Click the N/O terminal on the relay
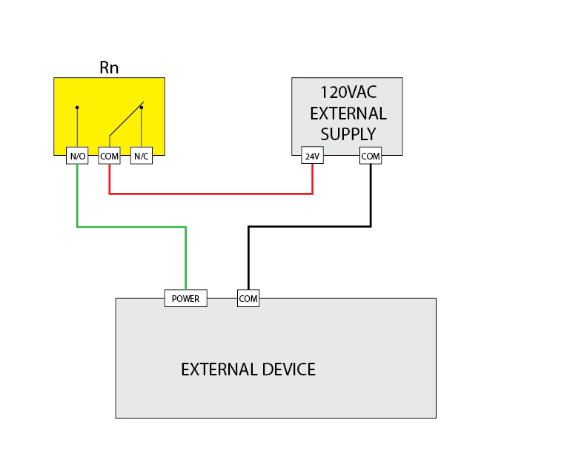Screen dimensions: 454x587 click(77, 156)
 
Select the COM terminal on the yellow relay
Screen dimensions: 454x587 click(109, 156)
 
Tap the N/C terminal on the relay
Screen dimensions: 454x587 click(141, 156)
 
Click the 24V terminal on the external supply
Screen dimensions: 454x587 click(312, 156)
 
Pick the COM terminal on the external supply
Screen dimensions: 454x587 click(371, 156)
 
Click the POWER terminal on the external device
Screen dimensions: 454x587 click(185, 298)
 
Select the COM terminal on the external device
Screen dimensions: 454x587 click(248, 298)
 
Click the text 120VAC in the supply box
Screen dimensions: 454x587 click(347, 93)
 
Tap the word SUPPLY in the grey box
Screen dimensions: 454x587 click(348, 134)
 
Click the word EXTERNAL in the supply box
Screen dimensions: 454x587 click(348, 113)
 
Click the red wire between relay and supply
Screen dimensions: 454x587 click(211, 194)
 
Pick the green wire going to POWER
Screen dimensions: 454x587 click(130, 227)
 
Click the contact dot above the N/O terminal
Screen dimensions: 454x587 click(77, 108)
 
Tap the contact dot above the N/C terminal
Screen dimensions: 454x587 click(141, 108)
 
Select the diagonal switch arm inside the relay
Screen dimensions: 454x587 click(126, 119)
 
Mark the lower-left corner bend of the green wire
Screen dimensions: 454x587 click(77, 227)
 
